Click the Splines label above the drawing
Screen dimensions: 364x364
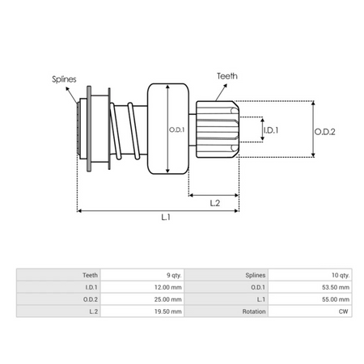[x=64, y=79]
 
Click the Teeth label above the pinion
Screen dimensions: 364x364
[x=227, y=76]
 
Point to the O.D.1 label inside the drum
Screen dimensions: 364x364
[x=177, y=129]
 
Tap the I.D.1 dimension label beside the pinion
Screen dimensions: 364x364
[x=271, y=130]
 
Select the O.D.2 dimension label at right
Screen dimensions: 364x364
[x=324, y=132]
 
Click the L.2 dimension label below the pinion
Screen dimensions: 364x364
[x=215, y=203]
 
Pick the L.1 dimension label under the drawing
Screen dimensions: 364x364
[x=166, y=217]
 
